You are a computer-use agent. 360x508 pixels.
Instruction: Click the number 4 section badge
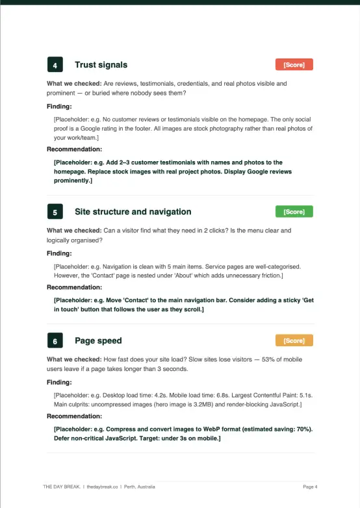pos(55,65)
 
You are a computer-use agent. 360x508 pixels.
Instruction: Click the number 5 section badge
pos(55,212)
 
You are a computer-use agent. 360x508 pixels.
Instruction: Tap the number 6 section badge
pos(55,340)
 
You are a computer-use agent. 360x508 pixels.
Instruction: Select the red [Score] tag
pos(294,64)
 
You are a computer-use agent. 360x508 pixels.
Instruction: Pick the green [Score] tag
pos(294,212)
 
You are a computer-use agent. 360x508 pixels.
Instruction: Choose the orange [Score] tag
pos(294,340)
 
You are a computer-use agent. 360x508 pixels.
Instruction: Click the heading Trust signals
pos(101,65)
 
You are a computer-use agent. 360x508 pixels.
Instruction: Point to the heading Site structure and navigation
pos(133,212)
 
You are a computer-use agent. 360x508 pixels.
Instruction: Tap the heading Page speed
pos(98,340)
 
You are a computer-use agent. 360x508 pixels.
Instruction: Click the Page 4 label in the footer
pos(310,487)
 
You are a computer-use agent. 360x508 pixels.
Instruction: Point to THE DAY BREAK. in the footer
pos(62,487)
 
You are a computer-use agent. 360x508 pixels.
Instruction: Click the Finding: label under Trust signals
pos(59,107)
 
